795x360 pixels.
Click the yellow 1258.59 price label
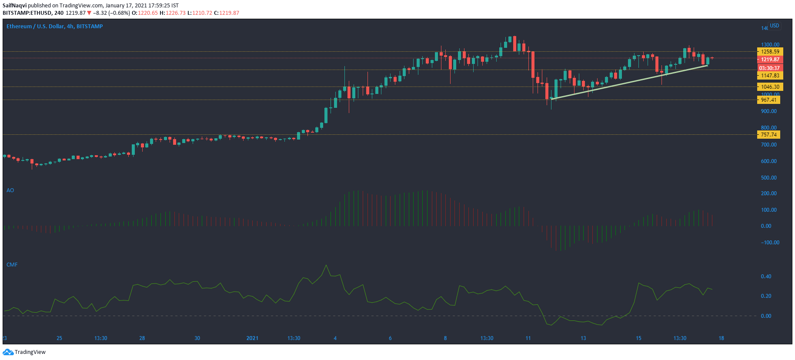click(x=770, y=52)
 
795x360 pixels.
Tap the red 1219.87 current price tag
click(x=770, y=60)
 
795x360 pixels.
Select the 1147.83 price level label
click(x=770, y=76)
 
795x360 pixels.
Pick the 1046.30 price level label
click(x=770, y=87)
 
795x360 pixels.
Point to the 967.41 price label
click(x=768, y=100)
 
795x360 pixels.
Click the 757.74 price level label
click(x=768, y=135)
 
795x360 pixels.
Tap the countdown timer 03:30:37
click(x=769, y=68)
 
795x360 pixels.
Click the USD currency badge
click(x=775, y=26)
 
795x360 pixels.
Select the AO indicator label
click(x=10, y=190)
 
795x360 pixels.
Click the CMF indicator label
click(x=12, y=265)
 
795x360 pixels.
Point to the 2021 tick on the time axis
click(x=252, y=338)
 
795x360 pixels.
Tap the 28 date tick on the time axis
click(x=142, y=338)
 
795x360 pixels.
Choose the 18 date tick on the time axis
click(x=721, y=338)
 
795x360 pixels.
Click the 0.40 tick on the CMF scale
click(x=766, y=277)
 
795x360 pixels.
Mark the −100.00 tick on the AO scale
click(x=770, y=243)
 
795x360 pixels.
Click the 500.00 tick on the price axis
click(x=768, y=178)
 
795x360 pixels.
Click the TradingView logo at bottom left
click(x=24, y=352)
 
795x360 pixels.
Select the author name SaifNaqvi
click(x=14, y=6)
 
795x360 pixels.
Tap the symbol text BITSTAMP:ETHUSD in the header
click(x=27, y=13)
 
